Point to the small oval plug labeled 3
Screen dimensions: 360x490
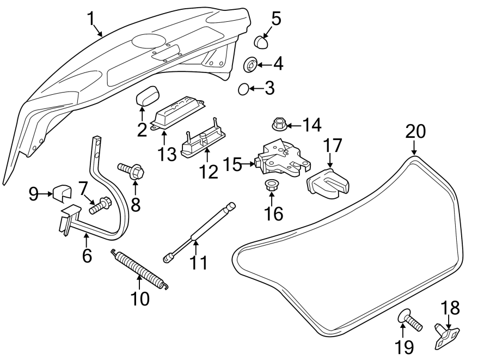pos(244,88)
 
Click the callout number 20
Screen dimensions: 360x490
pos(415,132)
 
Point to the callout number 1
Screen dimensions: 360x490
pos(92,20)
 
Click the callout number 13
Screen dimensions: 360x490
pos(167,154)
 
